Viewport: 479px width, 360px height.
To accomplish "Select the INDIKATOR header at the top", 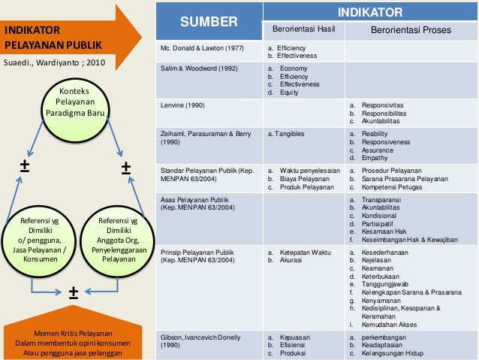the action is pos(370,12).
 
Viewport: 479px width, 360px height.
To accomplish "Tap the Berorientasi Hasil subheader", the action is pos(303,31).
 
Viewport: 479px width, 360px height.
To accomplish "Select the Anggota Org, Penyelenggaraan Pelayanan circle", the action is pos(116,239).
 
